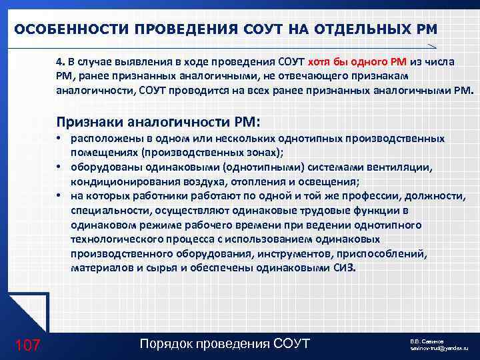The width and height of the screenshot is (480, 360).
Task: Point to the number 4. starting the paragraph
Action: pos(60,62)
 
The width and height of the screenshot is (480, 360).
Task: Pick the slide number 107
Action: pos(27,345)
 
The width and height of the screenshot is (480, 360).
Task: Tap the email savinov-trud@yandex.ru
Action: pos(439,348)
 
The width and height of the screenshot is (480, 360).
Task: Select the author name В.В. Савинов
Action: pos(428,340)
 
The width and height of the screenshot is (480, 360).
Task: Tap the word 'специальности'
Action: pos(107,211)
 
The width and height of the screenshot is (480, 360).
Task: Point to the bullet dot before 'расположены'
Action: pos(59,138)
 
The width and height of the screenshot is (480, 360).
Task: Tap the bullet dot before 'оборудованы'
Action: pos(59,167)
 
